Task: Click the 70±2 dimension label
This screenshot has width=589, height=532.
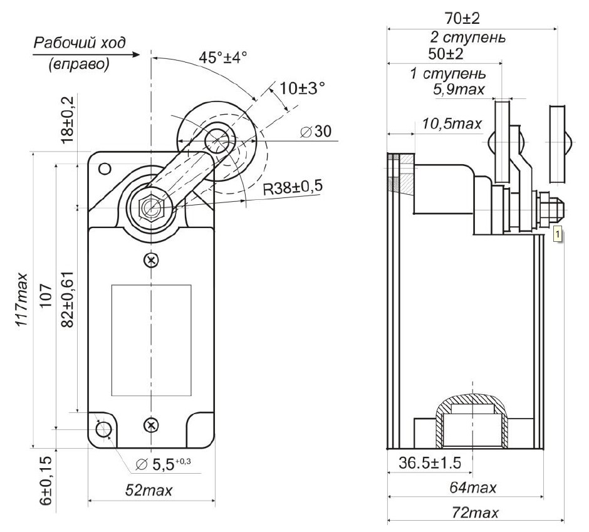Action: coord(462,18)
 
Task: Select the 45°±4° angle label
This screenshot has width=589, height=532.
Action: coord(222,58)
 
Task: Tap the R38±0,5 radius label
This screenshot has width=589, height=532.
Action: coord(292,187)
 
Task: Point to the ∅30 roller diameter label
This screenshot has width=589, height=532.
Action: coord(316,131)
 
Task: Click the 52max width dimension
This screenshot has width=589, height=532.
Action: coord(149,490)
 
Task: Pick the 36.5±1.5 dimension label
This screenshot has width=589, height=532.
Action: coord(430,463)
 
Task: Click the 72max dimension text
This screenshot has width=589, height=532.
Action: coord(475,513)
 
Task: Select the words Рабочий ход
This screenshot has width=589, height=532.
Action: coord(80,43)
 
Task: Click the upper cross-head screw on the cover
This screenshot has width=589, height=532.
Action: coord(151,259)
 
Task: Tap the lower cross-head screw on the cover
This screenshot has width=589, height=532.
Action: coord(151,425)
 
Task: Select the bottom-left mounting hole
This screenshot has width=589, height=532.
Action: coord(103,429)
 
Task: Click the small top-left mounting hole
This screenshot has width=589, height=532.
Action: coord(105,169)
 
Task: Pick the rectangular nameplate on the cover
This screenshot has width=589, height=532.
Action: coord(152,340)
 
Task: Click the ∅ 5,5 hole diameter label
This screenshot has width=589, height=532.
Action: coord(163,464)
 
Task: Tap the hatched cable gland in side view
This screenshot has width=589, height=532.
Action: coord(472,421)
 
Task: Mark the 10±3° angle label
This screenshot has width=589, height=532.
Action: coord(303,88)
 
